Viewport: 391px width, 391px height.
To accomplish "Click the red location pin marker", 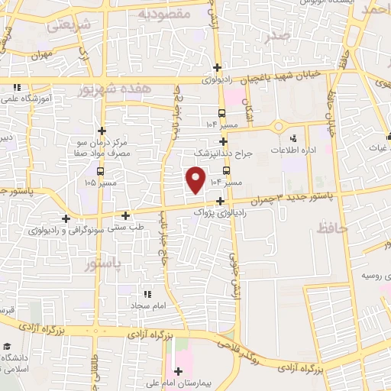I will [196, 180].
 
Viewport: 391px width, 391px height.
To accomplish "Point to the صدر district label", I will [274, 36].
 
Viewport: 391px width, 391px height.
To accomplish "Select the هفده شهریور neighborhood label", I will [115, 90].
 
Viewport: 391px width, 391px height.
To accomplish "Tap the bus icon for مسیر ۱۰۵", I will [102, 183].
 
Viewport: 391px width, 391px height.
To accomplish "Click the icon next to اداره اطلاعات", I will [295, 138].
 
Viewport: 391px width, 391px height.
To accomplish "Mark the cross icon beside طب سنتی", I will [125, 215].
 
